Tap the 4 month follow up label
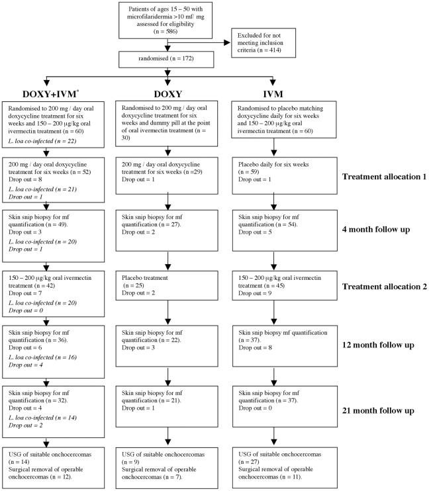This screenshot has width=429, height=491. point(374,230)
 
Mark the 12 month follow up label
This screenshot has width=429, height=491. point(374,346)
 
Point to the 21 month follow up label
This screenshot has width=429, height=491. point(374,410)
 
